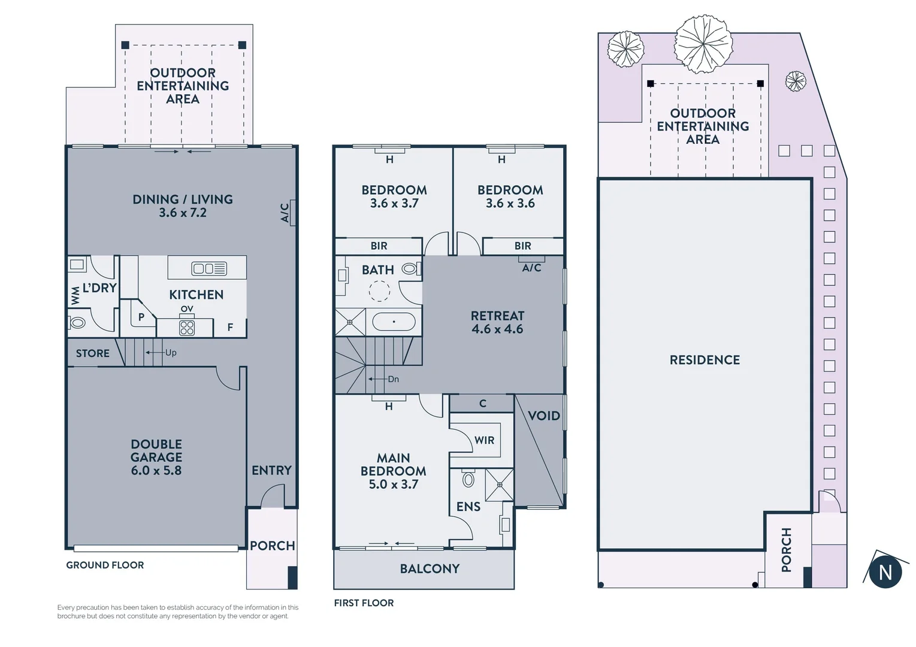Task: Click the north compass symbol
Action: click(885, 572)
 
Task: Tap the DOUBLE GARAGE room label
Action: click(156, 457)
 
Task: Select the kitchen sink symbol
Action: click(209, 268)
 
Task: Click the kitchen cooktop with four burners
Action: click(187, 328)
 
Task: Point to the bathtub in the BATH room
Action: click(394, 322)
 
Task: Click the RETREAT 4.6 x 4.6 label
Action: click(497, 322)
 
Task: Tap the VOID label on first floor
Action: click(543, 416)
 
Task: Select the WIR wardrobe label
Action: click(484, 440)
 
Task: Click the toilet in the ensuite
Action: click(468, 479)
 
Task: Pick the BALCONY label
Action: click(430, 569)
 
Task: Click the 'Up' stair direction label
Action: click(171, 353)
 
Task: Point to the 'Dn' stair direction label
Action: click(393, 379)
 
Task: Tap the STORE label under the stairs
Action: click(93, 353)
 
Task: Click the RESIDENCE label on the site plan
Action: click(705, 360)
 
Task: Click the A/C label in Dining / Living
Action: click(285, 213)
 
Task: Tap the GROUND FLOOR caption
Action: click(105, 565)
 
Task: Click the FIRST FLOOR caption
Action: click(364, 603)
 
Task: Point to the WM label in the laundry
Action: click(75, 295)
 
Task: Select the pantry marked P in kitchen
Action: click(141, 318)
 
